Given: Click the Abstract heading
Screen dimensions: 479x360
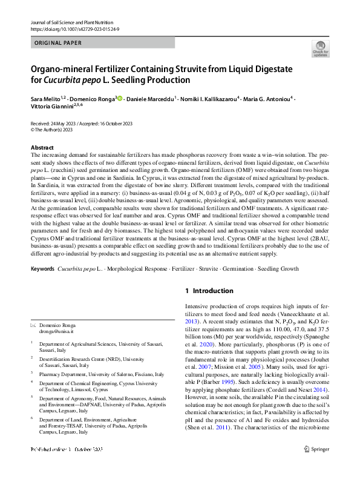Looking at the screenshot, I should [x=42, y=148].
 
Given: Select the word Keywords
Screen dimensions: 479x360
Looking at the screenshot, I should [x=43, y=268].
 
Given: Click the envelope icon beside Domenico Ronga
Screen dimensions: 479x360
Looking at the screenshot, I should [x=33, y=326].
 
